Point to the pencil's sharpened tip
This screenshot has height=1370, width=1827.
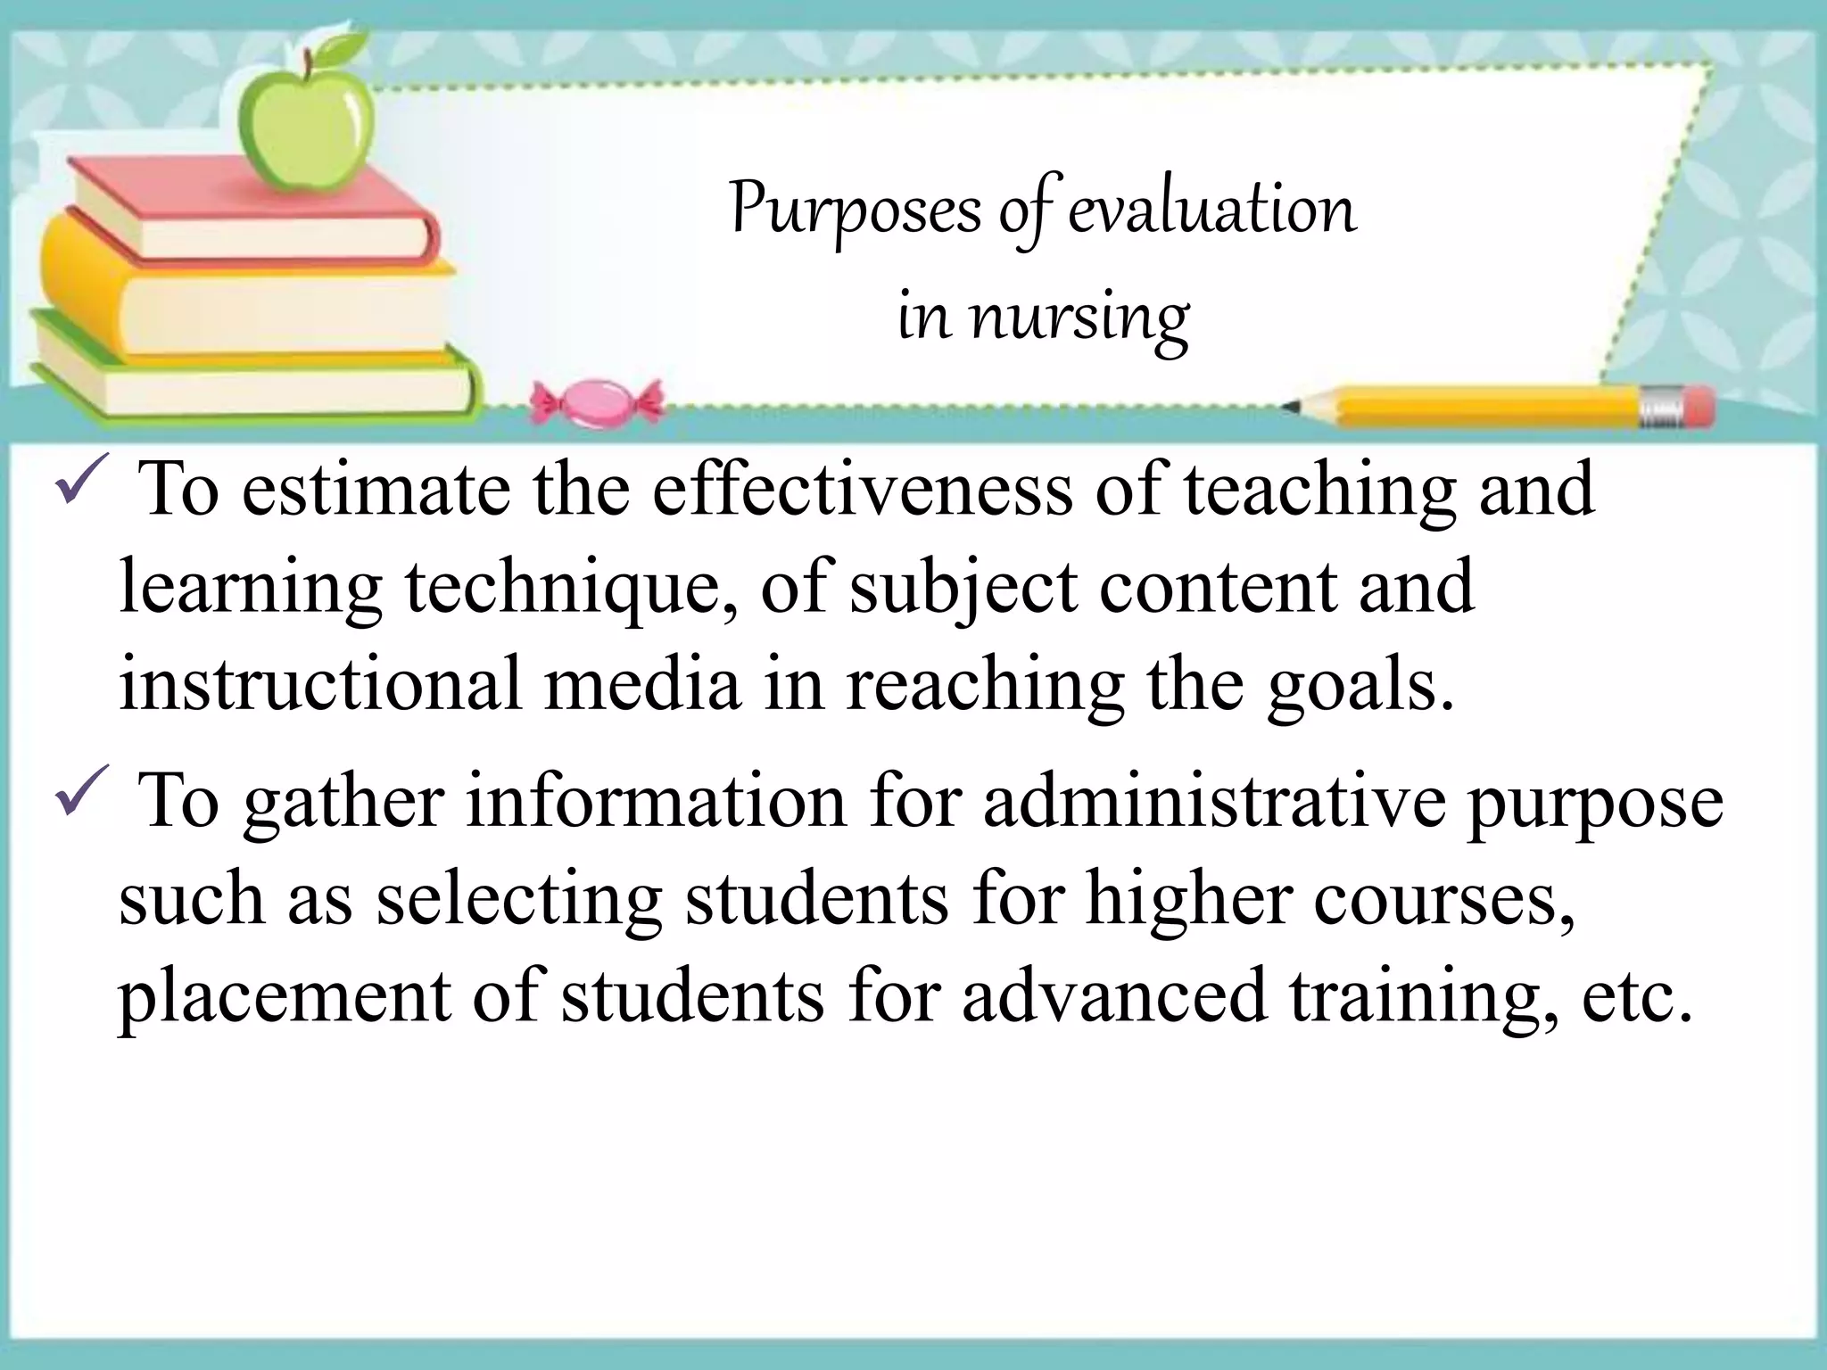pos(1292,408)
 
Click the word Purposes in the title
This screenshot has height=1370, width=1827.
pos(856,210)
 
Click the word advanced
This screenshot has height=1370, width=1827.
pos(1114,995)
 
